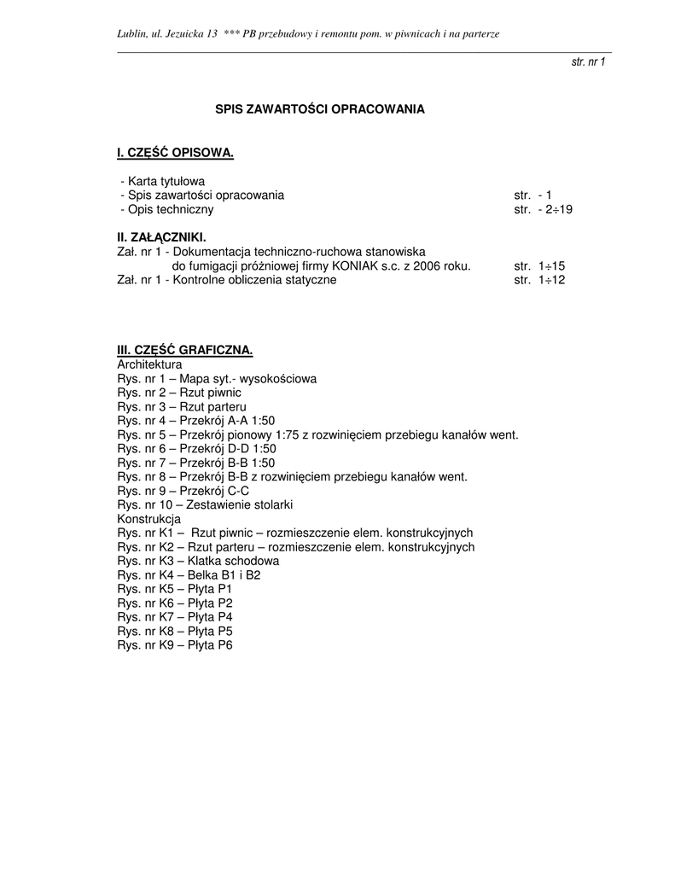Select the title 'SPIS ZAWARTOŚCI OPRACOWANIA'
(319, 109)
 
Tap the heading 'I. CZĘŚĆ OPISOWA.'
(175, 153)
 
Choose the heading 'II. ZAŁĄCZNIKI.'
(161, 237)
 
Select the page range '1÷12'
(550, 279)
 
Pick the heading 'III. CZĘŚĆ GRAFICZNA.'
(185, 350)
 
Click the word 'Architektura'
(149, 364)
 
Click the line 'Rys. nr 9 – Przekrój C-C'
(183, 490)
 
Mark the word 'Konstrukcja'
(148, 518)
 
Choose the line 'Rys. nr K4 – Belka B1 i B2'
(189, 574)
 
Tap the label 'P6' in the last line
(225, 644)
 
